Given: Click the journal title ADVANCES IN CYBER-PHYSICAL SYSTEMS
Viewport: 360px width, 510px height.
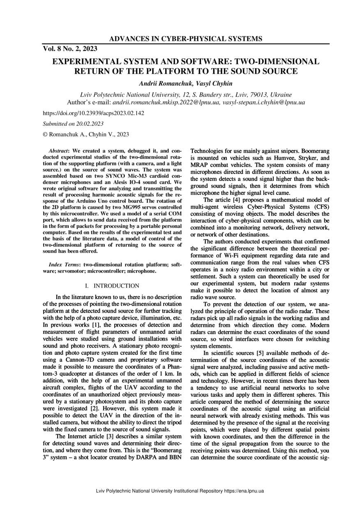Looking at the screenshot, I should [x=186, y=39].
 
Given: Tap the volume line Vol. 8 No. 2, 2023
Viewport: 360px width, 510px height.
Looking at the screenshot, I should [x=70, y=49].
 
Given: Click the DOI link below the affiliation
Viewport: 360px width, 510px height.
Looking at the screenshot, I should [x=93, y=113].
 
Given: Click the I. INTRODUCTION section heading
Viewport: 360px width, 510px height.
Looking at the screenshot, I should [x=112, y=285].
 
